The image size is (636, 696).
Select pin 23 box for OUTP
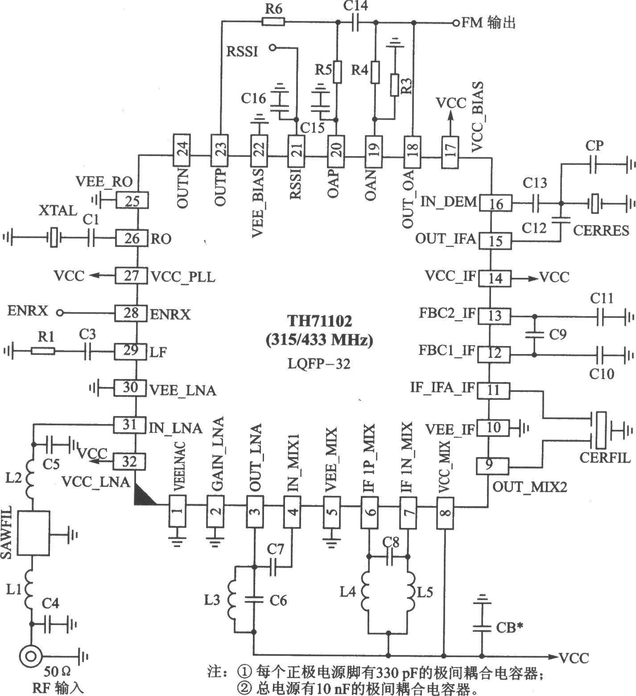click(x=219, y=146)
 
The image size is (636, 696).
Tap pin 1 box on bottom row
click(x=178, y=511)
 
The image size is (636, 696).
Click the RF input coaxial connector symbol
click(x=31, y=656)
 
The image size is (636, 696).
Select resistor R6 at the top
click(x=273, y=21)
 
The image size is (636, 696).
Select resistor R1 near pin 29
click(x=43, y=351)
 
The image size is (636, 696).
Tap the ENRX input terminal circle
click(x=60, y=313)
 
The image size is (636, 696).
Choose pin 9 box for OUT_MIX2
click(x=491, y=465)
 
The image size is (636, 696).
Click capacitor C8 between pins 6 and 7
click(x=389, y=556)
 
